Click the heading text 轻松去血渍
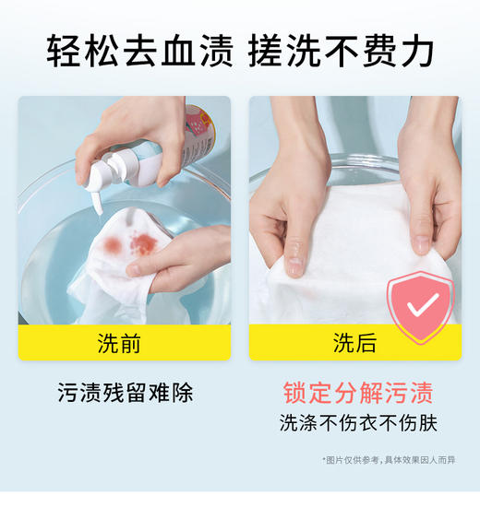pos(140,51)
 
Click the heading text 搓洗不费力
pos(341,51)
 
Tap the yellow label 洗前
pos(124,343)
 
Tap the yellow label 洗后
pos(354,343)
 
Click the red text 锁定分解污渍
pos(357,393)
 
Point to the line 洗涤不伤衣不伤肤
pos(357,423)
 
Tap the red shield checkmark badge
pos(420,307)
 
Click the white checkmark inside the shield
pos(421,305)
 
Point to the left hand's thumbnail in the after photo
pos(294,265)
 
